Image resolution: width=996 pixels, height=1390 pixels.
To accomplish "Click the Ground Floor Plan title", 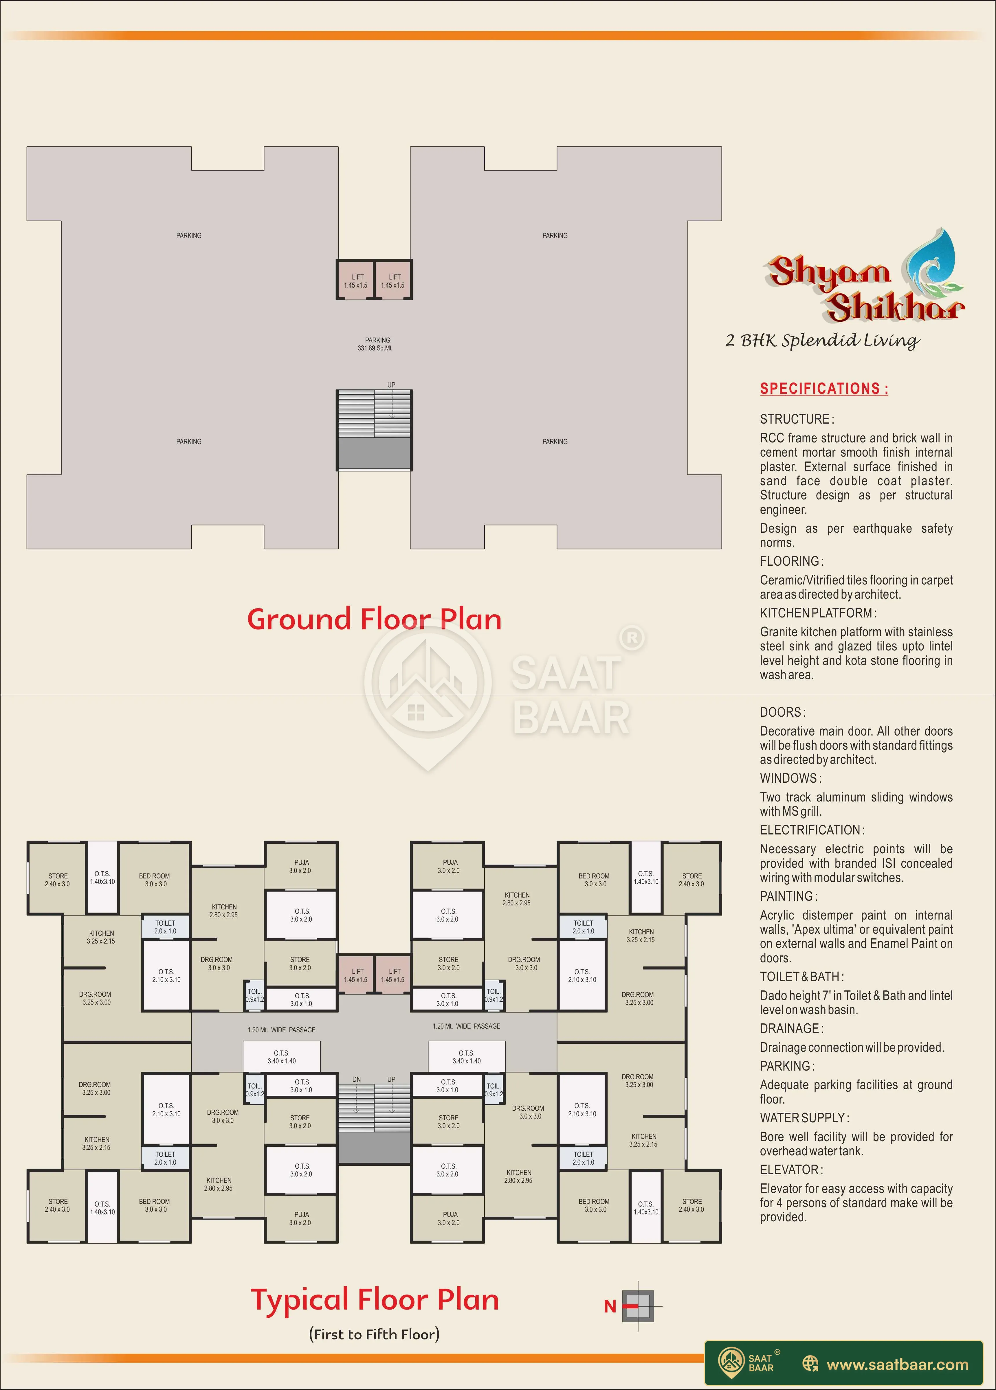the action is click(x=375, y=619).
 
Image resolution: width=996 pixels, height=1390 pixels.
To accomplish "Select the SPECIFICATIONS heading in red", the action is click(x=824, y=389).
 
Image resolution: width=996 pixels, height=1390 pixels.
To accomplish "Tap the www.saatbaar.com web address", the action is click(x=897, y=1364).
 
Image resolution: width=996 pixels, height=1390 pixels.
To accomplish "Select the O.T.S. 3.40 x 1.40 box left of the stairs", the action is click(x=281, y=1057).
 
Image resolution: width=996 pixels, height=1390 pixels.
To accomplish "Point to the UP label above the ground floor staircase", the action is click(x=391, y=385).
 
